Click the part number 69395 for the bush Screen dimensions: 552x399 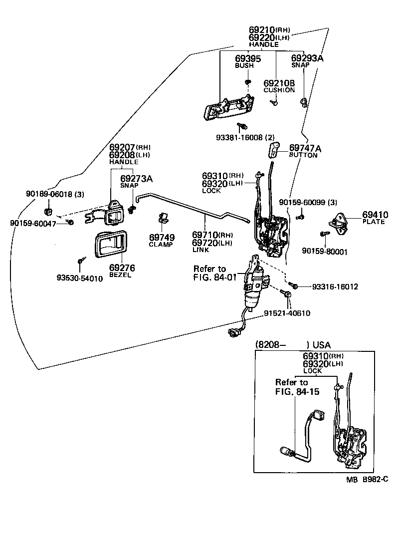pos(248,58)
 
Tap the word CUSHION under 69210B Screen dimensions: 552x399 pos(279,90)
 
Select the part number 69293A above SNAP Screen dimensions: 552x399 pos(307,58)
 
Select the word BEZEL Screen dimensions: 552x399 pos(120,276)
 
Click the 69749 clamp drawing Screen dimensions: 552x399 pos(163,218)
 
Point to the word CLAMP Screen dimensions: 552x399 pos(161,245)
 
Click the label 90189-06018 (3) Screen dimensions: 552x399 pos(48,194)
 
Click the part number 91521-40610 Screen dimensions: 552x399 pos(287,313)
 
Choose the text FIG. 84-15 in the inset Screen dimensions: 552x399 pos(297,392)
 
